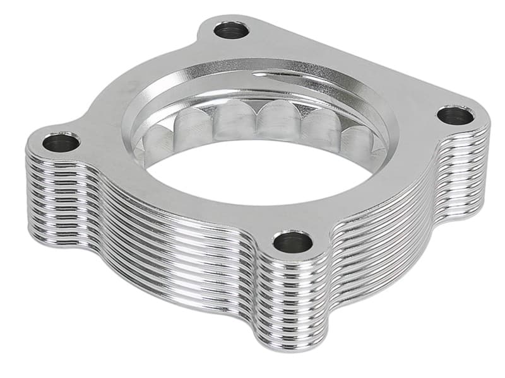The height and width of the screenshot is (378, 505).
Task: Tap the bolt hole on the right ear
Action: (454, 116)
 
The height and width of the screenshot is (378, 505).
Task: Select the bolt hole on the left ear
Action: (61, 142)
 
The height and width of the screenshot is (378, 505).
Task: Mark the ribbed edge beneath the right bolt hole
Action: (467, 164)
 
